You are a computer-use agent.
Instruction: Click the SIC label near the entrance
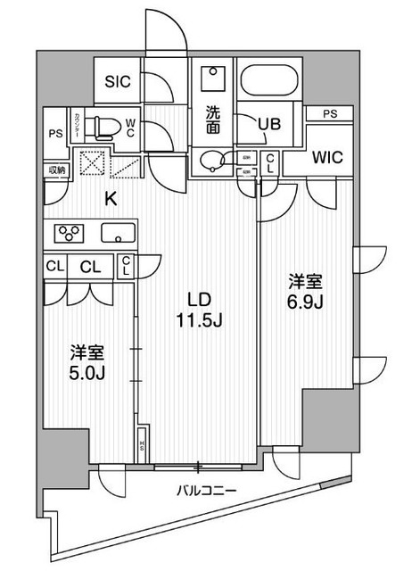[118, 81]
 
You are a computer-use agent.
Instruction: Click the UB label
[270, 126]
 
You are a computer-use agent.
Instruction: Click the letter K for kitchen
[111, 199]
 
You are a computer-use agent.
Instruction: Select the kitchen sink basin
[118, 235]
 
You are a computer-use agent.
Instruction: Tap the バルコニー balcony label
[201, 490]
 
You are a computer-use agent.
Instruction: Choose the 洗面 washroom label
[214, 119]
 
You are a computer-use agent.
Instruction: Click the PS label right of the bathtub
[330, 113]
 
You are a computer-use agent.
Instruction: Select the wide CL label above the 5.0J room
[90, 266]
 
